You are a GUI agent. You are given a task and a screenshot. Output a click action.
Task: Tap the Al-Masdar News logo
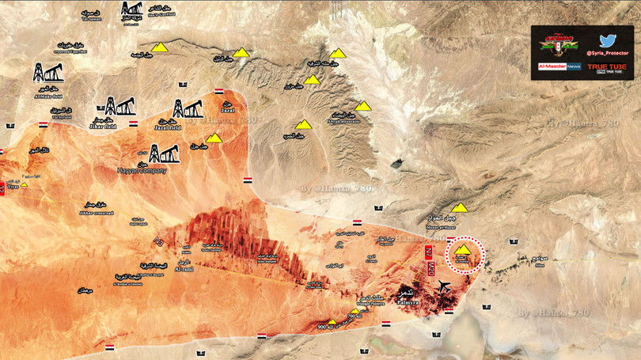(559, 69)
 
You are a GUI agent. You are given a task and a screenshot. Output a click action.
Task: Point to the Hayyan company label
(162, 169)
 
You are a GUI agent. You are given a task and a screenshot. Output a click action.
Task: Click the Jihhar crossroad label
(98, 213)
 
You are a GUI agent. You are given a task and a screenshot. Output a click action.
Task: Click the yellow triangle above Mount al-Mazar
(460, 207)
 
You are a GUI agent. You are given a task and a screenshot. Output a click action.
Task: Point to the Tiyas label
(12, 188)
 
